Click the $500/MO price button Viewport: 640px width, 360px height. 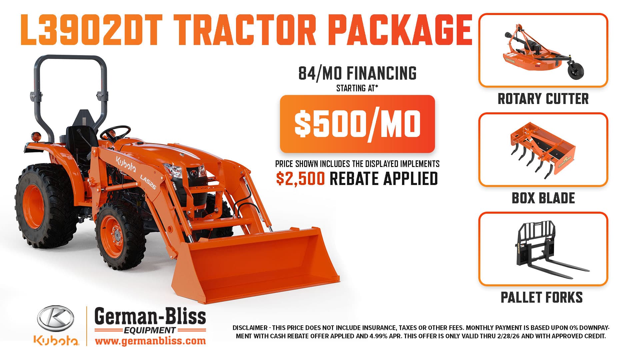[357, 124]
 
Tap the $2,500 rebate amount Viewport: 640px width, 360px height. [300, 179]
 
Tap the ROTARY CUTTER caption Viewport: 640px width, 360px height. [543, 99]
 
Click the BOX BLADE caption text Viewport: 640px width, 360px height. [543, 198]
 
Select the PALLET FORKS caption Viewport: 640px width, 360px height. [542, 297]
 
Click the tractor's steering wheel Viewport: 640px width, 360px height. [115, 133]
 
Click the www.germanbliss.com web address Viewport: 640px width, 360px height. [150, 341]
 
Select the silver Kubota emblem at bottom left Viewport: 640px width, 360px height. [56, 319]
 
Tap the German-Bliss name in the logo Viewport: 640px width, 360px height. [150, 316]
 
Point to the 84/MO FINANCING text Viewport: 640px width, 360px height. [357, 73]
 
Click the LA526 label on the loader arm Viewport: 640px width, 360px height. [148, 182]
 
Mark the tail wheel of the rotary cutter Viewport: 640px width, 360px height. [576, 69]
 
